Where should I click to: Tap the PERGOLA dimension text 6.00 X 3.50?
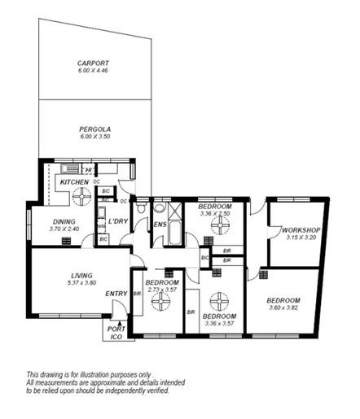(x=94, y=137)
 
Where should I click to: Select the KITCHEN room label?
(x=74, y=181)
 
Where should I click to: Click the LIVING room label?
(x=80, y=276)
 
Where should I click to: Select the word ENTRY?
(x=116, y=294)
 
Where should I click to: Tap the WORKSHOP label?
(x=298, y=230)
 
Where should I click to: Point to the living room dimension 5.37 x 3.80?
(x=80, y=283)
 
